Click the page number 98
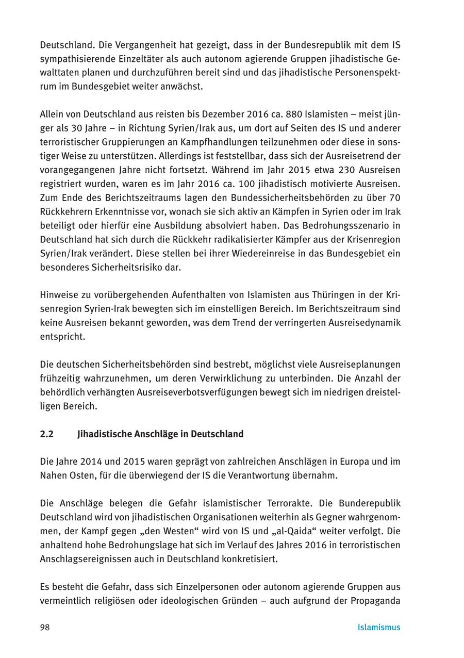point(45,627)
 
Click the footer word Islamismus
point(379,627)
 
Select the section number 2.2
point(46,434)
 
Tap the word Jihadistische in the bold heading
point(106,434)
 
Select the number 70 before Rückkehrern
point(395,198)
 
